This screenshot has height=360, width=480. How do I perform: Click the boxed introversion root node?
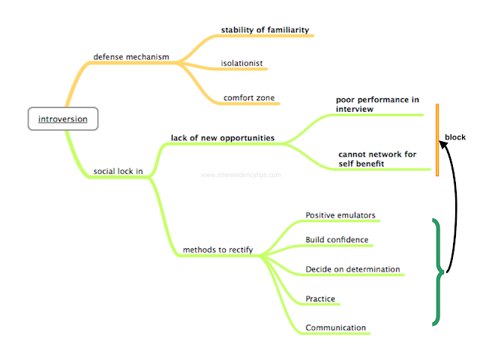pyautogui.click(x=62, y=119)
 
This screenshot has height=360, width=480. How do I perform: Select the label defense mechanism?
pyautogui.click(x=130, y=57)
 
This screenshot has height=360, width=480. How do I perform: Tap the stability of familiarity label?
pyautogui.click(x=265, y=31)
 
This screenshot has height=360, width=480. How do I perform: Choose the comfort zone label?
pyautogui.click(x=248, y=97)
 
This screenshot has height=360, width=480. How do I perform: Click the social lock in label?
pyautogui.click(x=118, y=171)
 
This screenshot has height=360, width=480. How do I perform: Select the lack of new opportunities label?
pyautogui.click(x=222, y=138)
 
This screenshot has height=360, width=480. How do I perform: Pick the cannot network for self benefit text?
pyautogui.click(x=376, y=159)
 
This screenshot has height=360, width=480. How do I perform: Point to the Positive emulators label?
pyautogui.click(x=340, y=216)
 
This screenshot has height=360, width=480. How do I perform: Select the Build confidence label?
pyautogui.click(x=337, y=240)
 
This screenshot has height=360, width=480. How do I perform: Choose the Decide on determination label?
pyautogui.click(x=352, y=269)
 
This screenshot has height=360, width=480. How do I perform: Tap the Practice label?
pyautogui.click(x=320, y=299)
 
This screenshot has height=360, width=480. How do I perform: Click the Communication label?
pyautogui.click(x=335, y=328)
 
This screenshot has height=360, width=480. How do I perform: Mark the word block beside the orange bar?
pyautogui.click(x=455, y=137)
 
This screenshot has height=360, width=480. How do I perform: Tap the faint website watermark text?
pyautogui.click(x=241, y=175)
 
